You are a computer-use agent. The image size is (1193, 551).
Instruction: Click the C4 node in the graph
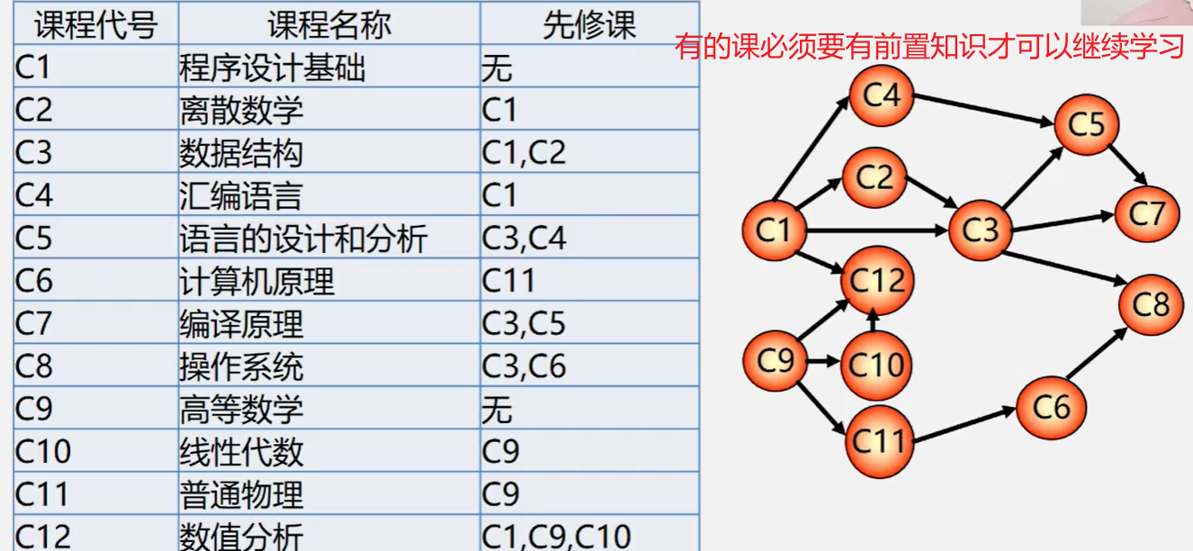[882, 95]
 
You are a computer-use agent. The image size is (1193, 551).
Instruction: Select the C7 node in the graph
[1146, 213]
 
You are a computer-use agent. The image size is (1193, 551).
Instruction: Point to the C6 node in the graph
[1051, 407]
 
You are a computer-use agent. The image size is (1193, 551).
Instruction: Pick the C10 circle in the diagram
[875, 365]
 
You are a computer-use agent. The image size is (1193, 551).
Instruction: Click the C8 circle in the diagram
[1151, 305]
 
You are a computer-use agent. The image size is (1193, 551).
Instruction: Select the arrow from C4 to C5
[985, 110]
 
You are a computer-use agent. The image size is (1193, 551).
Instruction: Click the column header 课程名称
[329, 25]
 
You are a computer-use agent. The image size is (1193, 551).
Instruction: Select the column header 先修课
[589, 25]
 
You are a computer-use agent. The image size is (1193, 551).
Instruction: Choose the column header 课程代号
[95, 25]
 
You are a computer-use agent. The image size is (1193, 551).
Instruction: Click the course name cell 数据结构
[241, 152]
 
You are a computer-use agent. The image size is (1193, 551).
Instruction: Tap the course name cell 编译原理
[241, 323]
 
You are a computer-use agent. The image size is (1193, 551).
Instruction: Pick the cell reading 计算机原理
[256, 281]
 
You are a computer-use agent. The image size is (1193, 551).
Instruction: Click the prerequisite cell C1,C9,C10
[557, 536]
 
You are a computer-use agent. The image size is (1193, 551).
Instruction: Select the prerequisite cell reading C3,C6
[524, 366]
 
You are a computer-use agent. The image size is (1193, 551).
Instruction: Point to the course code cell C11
[42, 494]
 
